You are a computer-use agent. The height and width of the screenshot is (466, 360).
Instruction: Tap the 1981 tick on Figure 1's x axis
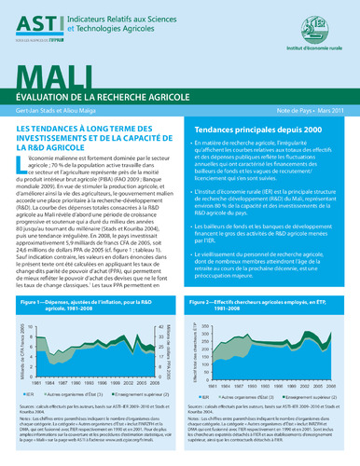(25, 355)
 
